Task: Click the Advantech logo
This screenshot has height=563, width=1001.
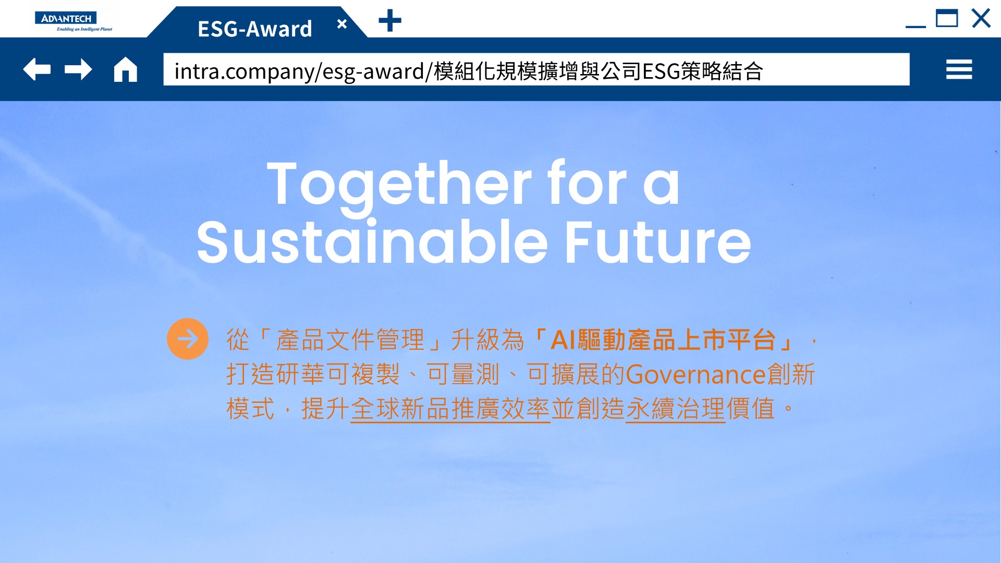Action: [74, 21]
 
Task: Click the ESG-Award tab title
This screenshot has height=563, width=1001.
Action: [255, 29]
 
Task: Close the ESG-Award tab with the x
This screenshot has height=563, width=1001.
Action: [342, 24]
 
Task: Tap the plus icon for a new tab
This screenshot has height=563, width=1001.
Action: [390, 21]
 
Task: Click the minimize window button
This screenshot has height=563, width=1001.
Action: [915, 26]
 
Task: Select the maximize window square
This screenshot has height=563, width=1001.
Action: [947, 18]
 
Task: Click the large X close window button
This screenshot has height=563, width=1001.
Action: [981, 18]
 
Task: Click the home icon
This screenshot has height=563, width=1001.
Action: [126, 69]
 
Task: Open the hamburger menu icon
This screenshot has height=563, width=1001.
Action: [959, 69]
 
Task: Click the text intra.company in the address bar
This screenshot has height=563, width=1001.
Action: [243, 71]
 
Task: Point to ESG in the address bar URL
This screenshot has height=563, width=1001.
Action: [661, 71]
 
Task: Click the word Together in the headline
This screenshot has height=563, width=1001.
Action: [399, 185]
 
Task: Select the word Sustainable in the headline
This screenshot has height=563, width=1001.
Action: [372, 242]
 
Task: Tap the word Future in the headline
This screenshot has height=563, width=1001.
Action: [658, 242]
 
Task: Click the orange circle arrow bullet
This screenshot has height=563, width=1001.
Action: [188, 339]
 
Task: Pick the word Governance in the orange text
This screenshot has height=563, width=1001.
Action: [696, 374]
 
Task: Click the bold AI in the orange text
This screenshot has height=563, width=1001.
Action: [564, 340]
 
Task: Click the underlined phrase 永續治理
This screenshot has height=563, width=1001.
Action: [676, 409]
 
